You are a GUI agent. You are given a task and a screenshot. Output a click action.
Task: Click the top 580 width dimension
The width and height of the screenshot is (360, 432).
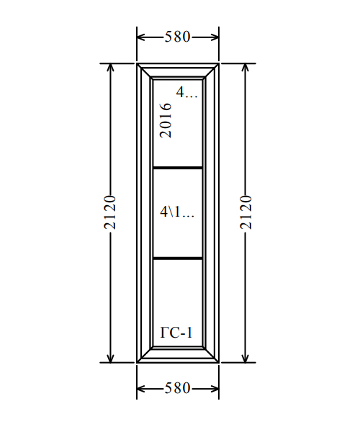click(178, 37)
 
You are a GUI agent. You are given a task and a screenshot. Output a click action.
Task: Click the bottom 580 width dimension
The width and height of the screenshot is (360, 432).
click(178, 388)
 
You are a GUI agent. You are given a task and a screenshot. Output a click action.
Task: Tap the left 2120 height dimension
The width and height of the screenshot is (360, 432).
click(110, 212)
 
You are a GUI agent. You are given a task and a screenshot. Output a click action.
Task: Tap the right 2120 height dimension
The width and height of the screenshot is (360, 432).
click(246, 212)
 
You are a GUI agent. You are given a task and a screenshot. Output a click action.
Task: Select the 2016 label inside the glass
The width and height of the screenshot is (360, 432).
click(166, 120)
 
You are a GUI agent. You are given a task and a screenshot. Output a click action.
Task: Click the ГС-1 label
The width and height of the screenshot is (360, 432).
click(176, 332)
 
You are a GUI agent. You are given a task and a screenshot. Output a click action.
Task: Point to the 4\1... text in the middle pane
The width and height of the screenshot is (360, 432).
click(177, 212)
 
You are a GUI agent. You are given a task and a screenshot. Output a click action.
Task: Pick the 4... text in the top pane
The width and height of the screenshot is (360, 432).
click(187, 92)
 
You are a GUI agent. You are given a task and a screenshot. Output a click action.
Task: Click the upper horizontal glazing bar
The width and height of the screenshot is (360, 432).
click(178, 168)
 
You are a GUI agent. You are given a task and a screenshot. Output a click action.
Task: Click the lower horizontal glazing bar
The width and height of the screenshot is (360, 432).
click(178, 258)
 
